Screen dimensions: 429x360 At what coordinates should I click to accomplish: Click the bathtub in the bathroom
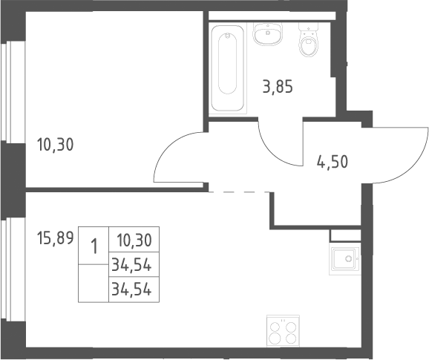pyautogui.click(x=228, y=68)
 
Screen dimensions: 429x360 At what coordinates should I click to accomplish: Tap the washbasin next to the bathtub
pyautogui.click(x=268, y=34)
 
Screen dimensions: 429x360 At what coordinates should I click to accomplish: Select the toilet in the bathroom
pyautogui.click(x=308, y=39)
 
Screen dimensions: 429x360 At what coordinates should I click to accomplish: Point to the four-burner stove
pyautogui.click(x=283, y=332)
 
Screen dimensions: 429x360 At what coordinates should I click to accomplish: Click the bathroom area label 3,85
pyautogui.click(x=278, y=86)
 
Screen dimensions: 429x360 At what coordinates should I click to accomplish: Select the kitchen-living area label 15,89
pyautogui.click(x=55, y=238)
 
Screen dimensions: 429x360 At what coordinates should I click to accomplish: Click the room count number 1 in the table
pyautogui.click(x=94, y=246)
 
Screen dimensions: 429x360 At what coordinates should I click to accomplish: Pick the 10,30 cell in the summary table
pyautogui.click(x=134, y=240)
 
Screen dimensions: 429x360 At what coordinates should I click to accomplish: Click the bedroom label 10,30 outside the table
pyautogui.click(x=55, y=145)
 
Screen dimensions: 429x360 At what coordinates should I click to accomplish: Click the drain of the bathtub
pyautogui.click(x=227, y=36)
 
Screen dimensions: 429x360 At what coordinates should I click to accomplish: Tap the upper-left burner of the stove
pyautogui.click(x=275, y=327)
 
